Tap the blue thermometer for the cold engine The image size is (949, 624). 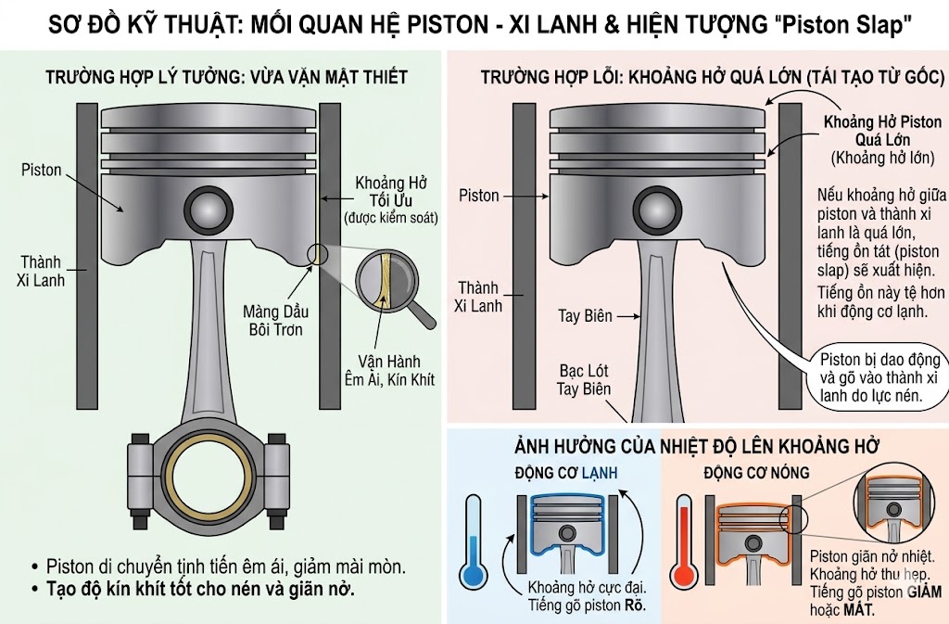474,542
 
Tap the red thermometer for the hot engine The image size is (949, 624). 684,542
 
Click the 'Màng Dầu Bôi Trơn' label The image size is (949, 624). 272,318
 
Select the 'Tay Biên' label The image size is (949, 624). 585,316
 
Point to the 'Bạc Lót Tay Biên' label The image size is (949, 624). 584,379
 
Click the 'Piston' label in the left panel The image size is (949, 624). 42,171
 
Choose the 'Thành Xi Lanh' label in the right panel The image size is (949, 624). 478,296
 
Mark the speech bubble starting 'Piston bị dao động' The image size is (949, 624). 875,377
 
